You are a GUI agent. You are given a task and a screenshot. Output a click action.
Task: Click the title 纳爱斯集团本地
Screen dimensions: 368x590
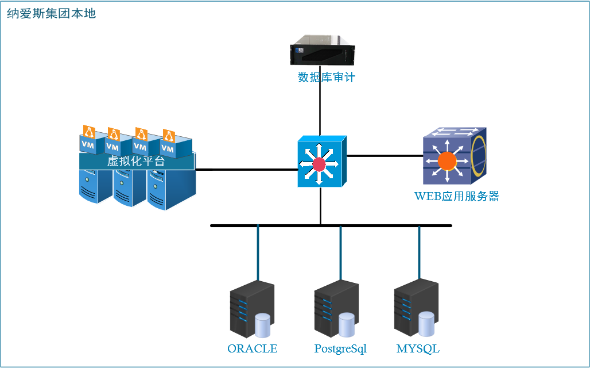(51, 13)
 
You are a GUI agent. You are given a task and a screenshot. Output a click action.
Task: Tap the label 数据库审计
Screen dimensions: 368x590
(326, 77)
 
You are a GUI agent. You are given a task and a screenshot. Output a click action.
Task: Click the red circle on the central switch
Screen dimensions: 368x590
(319, 165)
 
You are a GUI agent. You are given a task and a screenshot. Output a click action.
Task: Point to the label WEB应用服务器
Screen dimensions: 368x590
(456, 197)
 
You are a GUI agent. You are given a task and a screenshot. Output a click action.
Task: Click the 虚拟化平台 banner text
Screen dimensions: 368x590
(136, 162)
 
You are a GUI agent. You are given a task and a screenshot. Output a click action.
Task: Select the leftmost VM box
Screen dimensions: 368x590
(88, 144)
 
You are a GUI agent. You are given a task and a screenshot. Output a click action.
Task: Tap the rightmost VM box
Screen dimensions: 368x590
(168, 147)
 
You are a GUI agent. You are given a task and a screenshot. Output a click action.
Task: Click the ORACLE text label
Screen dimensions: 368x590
(252, 349)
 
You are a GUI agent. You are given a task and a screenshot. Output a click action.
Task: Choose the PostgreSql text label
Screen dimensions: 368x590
(340, 349)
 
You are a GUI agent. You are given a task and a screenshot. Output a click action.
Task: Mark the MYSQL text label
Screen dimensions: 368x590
(418, 349)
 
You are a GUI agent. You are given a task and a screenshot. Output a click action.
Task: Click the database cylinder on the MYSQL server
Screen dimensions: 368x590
(426, 324)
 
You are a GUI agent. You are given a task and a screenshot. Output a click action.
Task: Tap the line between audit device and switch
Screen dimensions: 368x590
(320, 109)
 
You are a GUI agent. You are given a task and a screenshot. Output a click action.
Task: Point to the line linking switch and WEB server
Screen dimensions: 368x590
(385, 155)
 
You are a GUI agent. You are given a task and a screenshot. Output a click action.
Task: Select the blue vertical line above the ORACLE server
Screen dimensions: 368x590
(258, 253)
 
